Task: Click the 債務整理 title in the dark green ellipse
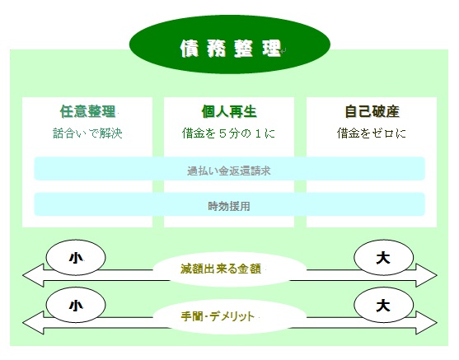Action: pyautogui.click(x=231, y=49)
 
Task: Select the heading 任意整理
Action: pyautogui.click(x=87, y=111)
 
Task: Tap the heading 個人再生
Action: pyautogui.click(x=229, y=111)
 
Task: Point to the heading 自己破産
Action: pyautogui.click(x=372, y=111)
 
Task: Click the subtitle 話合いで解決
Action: pyautogui.click(x=87, y=133)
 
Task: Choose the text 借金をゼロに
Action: pyautogui.click(x=372, y=133)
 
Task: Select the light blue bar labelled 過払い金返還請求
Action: pyautogui.click(x=229, y=169)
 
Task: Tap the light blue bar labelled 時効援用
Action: pyautogui.click(x=229, y=204)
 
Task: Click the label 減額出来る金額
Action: pyautogui.click(x=221, y=269)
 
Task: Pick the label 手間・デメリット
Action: pyautogui.click(x=218, y=316)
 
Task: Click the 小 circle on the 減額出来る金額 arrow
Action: pyautogui.click(x=76, y=258)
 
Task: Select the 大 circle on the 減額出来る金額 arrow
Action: pyautogui.click(x=383, y=258)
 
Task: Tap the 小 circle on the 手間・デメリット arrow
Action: pyautogui.click(x=76, y=306)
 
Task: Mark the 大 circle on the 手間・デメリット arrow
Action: pyautogui.click(x=383, y=306)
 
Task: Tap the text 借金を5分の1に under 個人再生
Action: pyautogui.click(x=228, y=133)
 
